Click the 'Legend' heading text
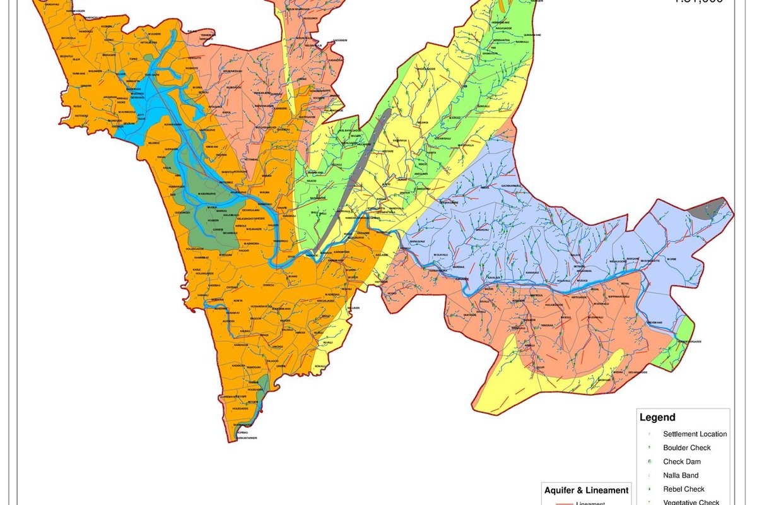click(657, 417)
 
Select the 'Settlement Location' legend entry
click(695, 434)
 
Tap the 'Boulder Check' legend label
click(686, 448)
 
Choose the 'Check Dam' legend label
click(681, 462)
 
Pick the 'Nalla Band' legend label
click(681, 476)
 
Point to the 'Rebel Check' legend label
click(683, 490)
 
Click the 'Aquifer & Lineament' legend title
click(586, 490)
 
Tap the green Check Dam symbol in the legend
click(649, 462)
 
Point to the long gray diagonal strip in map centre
click(353, 183)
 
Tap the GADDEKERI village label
click(341, 40)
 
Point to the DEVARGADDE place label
click(637, 372)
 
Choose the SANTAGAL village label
click(469, 314)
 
